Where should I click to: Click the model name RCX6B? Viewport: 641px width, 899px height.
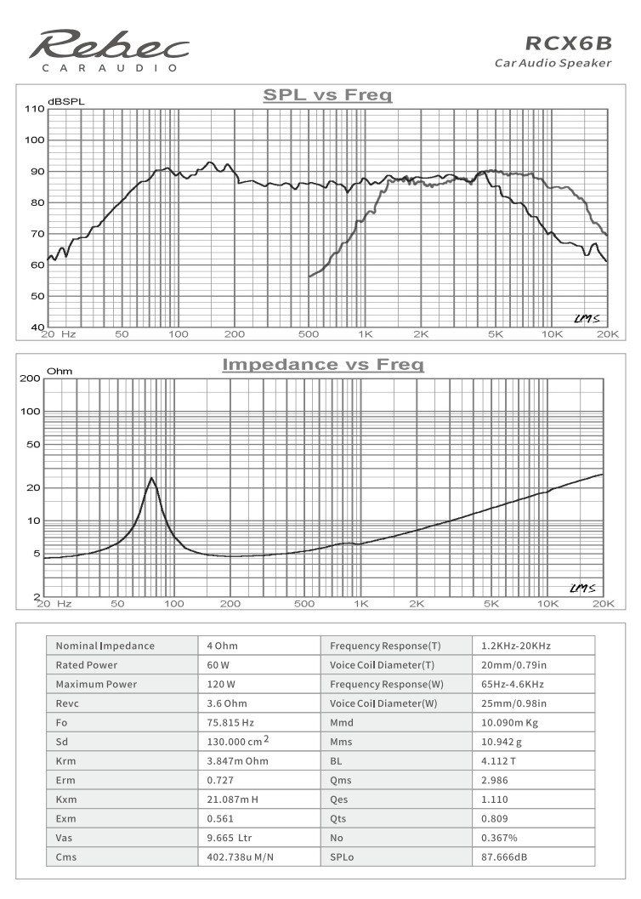[568, 43]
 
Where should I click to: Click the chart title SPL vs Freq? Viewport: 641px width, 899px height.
[327, 95]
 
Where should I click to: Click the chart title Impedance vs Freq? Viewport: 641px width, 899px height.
[322, 365]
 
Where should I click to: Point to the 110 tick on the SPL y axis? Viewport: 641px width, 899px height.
[34, 109]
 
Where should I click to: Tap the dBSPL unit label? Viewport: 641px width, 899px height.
[66, 101]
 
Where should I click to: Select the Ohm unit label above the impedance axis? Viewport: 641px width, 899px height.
[60, 372]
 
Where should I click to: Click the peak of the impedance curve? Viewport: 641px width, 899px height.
[151, 479]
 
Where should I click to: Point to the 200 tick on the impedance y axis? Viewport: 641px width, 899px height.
[31, 378]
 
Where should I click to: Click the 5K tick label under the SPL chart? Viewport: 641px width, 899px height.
[496, 334]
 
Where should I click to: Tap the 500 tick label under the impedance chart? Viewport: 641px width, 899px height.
[303, 604]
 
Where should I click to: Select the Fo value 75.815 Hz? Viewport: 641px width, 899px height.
[231, 723]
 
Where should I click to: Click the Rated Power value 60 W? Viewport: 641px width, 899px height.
[218, 665]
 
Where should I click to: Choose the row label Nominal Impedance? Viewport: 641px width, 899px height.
[105, 646]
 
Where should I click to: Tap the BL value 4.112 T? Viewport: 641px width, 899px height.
[497, 761]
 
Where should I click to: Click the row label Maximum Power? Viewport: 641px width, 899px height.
[96, 685]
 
